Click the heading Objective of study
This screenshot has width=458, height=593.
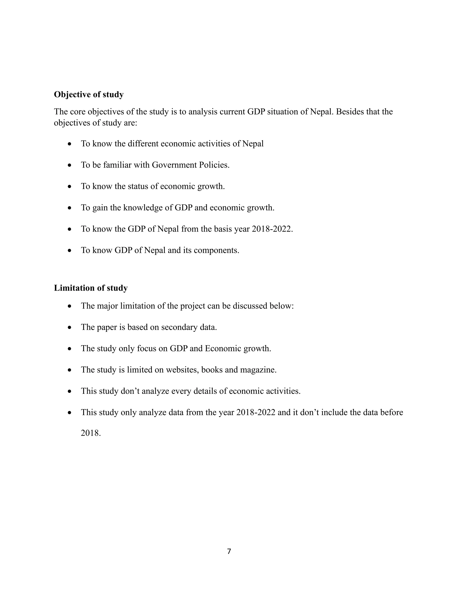pos(89,94)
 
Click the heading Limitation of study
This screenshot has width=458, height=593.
pos(91,288)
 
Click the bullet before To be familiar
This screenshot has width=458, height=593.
pos(70,165)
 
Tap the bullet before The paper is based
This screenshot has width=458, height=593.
pos(70,327)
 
